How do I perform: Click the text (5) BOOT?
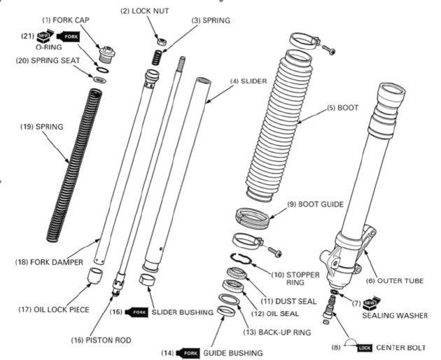(x=342, y=109)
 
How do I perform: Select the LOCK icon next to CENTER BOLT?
(x=364, y=347)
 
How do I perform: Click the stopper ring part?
(x=241, y=258)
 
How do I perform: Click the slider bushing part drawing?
(x=148, y=282)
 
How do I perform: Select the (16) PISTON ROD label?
(x=101, y=340)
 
